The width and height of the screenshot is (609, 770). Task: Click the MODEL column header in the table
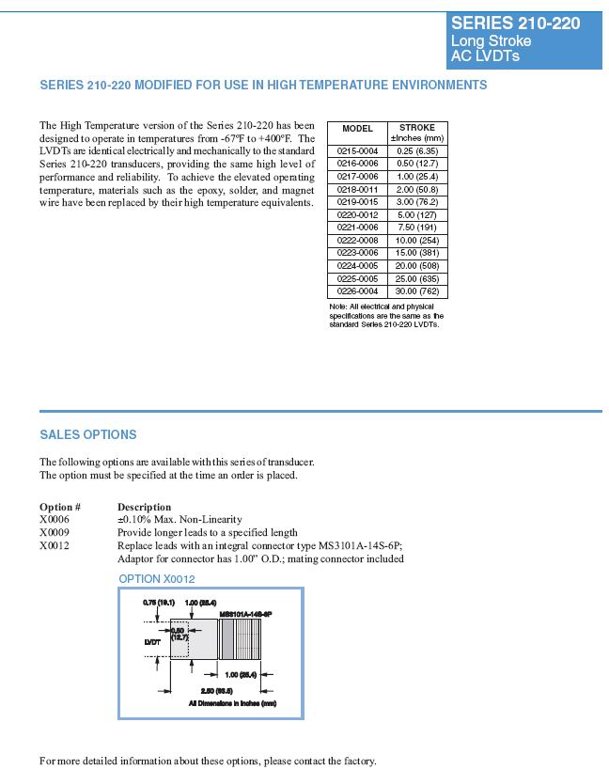357,129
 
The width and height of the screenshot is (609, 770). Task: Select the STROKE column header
417,128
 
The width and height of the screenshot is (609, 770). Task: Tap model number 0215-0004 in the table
357,150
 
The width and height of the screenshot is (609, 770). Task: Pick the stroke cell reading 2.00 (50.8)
417,189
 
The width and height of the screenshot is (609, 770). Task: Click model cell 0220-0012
357,214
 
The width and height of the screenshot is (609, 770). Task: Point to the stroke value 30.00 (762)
417,291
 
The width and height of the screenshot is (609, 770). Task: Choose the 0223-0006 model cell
357,253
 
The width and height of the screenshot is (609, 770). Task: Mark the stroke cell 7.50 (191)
417,228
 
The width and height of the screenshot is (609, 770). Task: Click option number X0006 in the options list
55,519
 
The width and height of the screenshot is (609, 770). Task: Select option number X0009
55,532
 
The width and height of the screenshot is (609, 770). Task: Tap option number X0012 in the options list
55,545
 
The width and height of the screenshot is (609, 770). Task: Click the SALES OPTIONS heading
87,434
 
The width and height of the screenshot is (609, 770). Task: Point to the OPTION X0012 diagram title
157,579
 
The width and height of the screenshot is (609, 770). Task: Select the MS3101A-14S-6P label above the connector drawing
245,613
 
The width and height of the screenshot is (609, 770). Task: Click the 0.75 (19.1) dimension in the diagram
156,602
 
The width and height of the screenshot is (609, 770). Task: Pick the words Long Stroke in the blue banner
491,41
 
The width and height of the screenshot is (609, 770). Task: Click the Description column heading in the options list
144,507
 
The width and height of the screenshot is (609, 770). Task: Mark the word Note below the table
338,306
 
